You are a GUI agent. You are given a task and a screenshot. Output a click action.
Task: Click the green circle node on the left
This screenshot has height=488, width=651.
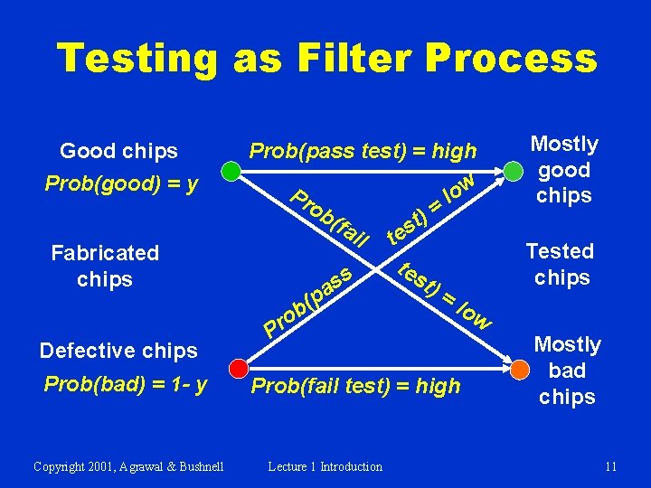tap(231, 172)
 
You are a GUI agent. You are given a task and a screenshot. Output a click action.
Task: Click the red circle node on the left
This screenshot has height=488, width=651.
tap(237, 369)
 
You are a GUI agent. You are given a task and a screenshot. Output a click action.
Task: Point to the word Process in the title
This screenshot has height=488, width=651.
tap(510, 59)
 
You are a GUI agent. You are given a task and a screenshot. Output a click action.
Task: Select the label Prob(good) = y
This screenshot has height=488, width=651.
tap(122, 184)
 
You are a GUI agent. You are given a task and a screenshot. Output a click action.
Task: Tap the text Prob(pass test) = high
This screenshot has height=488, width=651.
tap(362, 150)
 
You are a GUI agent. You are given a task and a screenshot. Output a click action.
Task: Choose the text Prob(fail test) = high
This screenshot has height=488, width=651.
tap(355, 387)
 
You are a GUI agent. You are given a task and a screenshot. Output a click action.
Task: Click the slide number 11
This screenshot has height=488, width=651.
tap(611, 466)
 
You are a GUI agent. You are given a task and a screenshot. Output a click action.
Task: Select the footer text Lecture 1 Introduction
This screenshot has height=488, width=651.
tap(325, 466)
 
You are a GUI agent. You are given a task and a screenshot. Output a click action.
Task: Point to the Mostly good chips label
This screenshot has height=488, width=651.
tap(563, 170)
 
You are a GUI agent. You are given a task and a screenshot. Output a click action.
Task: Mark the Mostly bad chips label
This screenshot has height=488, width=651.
tap(567, 371)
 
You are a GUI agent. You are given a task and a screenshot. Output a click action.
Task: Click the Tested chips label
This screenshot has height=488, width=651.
tap(561, 264)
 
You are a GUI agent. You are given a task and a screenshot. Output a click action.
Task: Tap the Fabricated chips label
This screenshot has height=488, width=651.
tap(105, 266)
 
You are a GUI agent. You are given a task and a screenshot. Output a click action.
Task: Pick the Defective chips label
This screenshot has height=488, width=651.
tap(118, 351)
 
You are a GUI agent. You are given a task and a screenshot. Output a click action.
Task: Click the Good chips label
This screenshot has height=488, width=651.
tap(118, 150)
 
